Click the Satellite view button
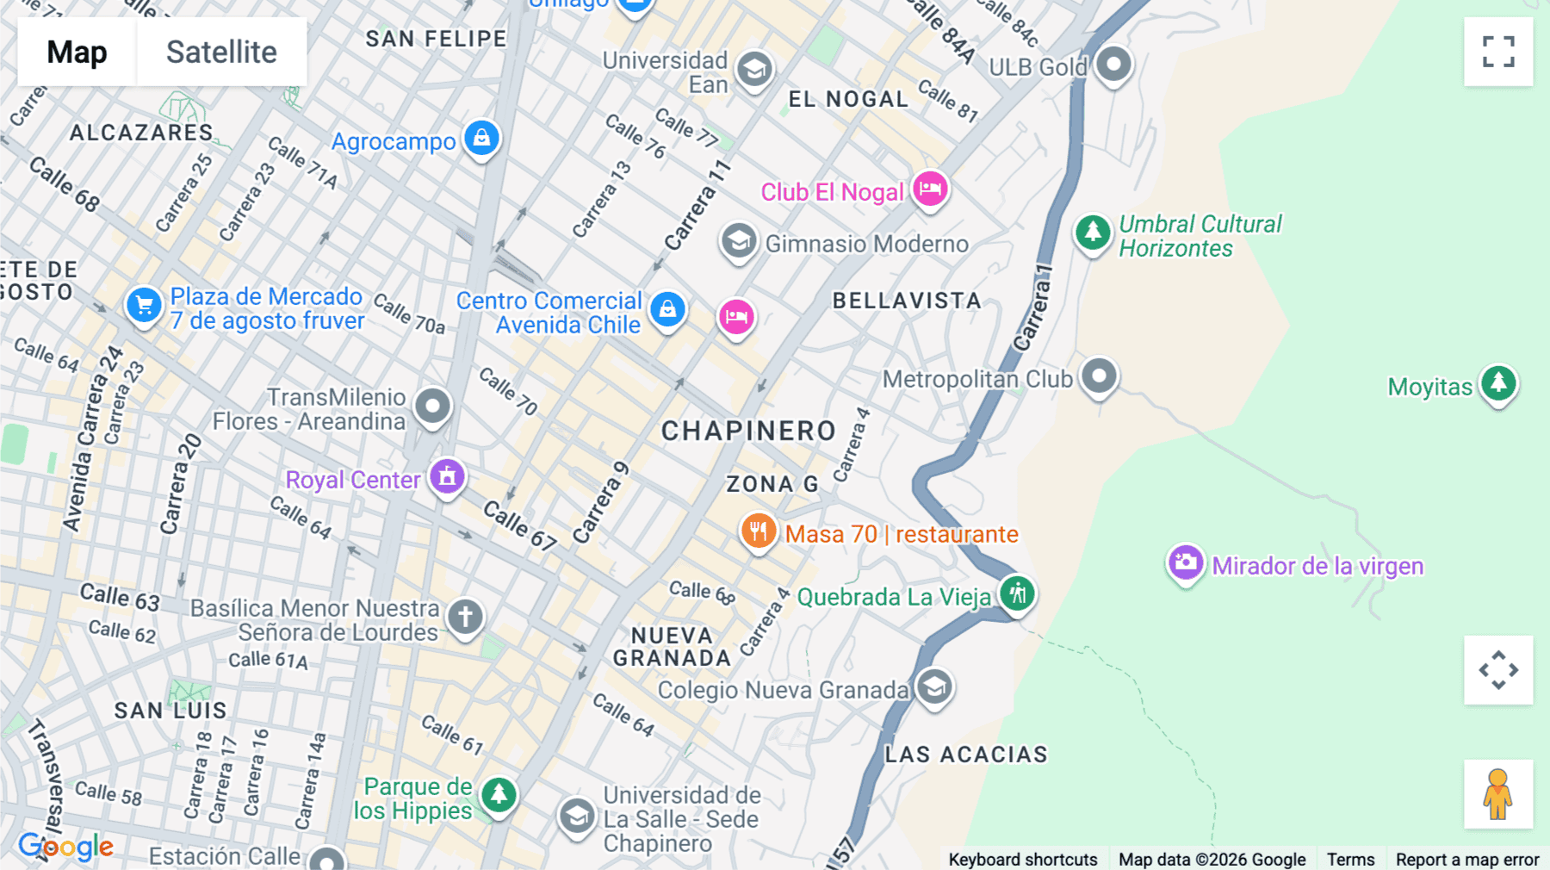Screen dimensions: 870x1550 pos(221,52)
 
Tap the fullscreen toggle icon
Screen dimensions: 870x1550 pos(1498,52)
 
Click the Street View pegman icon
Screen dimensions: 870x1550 pos(1497,794)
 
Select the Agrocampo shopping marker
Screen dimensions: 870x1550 pos(481,138)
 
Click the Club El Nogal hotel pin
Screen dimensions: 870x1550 pos(930,189)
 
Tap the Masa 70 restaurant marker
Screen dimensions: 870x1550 pos(759,531)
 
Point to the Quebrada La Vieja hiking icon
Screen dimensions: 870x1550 pos(1017,593)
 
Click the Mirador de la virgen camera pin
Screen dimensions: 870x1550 pos(1186,563)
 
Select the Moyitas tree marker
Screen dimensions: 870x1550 pos(1498,382)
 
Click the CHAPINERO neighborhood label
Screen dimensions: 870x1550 pos(748,431)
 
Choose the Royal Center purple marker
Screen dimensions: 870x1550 pos(447,476)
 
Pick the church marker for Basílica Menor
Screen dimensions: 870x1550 pos(466,617)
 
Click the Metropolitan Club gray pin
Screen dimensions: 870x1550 pos(1099,376)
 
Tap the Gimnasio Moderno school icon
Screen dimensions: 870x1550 pos(739,242)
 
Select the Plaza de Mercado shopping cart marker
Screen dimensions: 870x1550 pos(144,305)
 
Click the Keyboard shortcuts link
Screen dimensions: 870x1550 pos(1022,859)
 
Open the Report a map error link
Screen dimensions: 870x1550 pos(1467,859)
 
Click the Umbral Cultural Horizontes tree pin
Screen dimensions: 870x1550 pos(1093,233)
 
